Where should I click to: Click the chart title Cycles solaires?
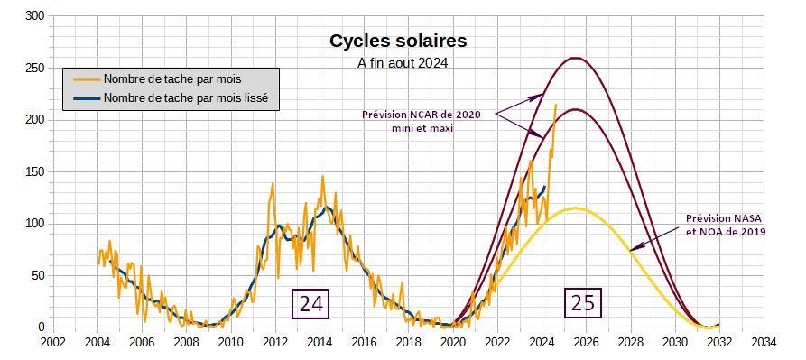(398, 42)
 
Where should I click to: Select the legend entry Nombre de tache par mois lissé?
(186, 98)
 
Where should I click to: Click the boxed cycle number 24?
(310, 303)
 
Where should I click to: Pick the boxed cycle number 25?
(583, 302)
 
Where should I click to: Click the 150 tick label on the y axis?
(36, 172)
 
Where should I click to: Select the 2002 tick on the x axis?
(53, 342)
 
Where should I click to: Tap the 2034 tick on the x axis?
(764, 342)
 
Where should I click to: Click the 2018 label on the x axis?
(409, 342)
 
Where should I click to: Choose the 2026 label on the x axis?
(586, 342)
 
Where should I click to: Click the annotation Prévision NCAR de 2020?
(422, 115)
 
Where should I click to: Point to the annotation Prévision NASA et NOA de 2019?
(726, 226)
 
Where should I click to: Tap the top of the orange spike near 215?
(555, 105)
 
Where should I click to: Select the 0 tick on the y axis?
(43, 328)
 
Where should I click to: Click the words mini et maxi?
(422, 128)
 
